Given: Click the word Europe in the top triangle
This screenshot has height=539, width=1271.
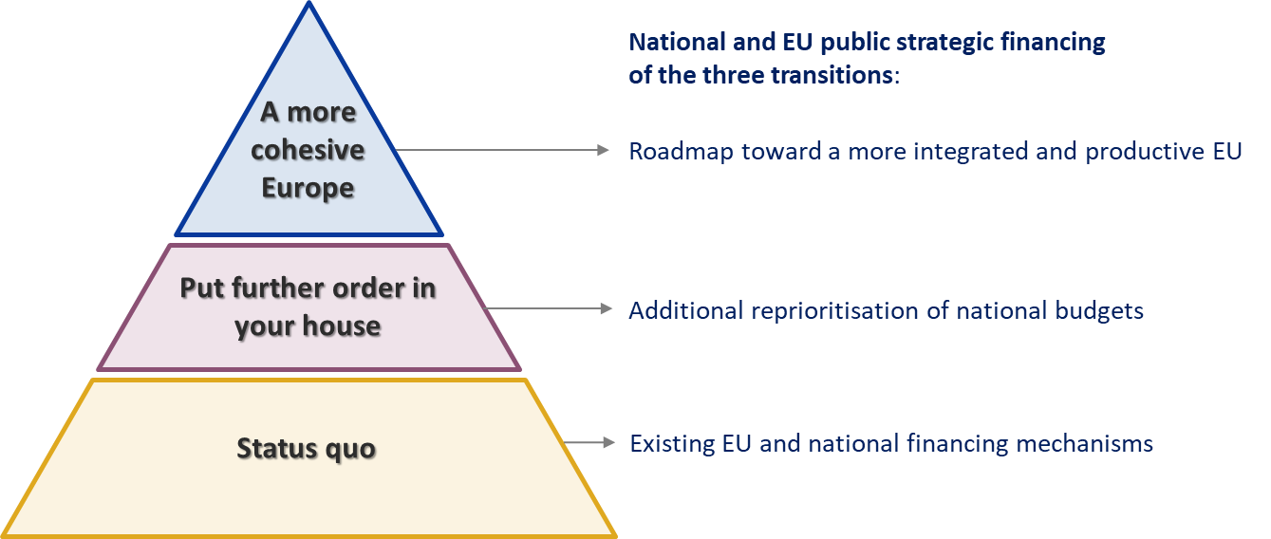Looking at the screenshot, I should (x=308, y=187).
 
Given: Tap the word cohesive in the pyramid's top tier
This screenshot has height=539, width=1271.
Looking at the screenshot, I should (x=308, y=150).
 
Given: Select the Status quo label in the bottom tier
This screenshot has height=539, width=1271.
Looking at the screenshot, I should (x=306, y=448).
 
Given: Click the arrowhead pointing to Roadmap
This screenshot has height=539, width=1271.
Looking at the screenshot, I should (x=603, y=150).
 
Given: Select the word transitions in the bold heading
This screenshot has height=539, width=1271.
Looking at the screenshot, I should (x=832, y=75).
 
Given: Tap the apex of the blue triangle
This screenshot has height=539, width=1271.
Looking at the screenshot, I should (x=308, y=5).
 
